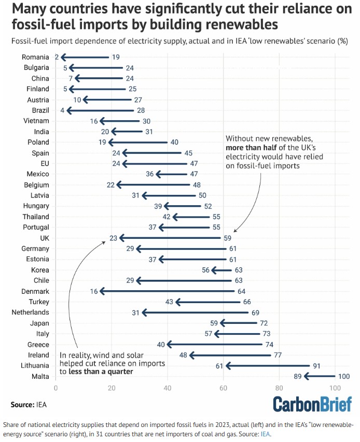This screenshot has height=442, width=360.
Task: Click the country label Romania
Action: [x=35, y=57]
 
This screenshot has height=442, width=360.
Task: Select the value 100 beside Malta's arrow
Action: [x=343, y=376]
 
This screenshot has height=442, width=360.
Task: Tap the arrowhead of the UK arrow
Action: [x=121, y=238]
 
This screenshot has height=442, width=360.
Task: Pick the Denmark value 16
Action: [x=94, y=291]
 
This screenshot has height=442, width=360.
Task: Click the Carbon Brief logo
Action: [x=312, y=404]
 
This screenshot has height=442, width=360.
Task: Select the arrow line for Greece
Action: [x=215, y=345]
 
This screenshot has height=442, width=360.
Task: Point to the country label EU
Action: [x=44, y=164]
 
